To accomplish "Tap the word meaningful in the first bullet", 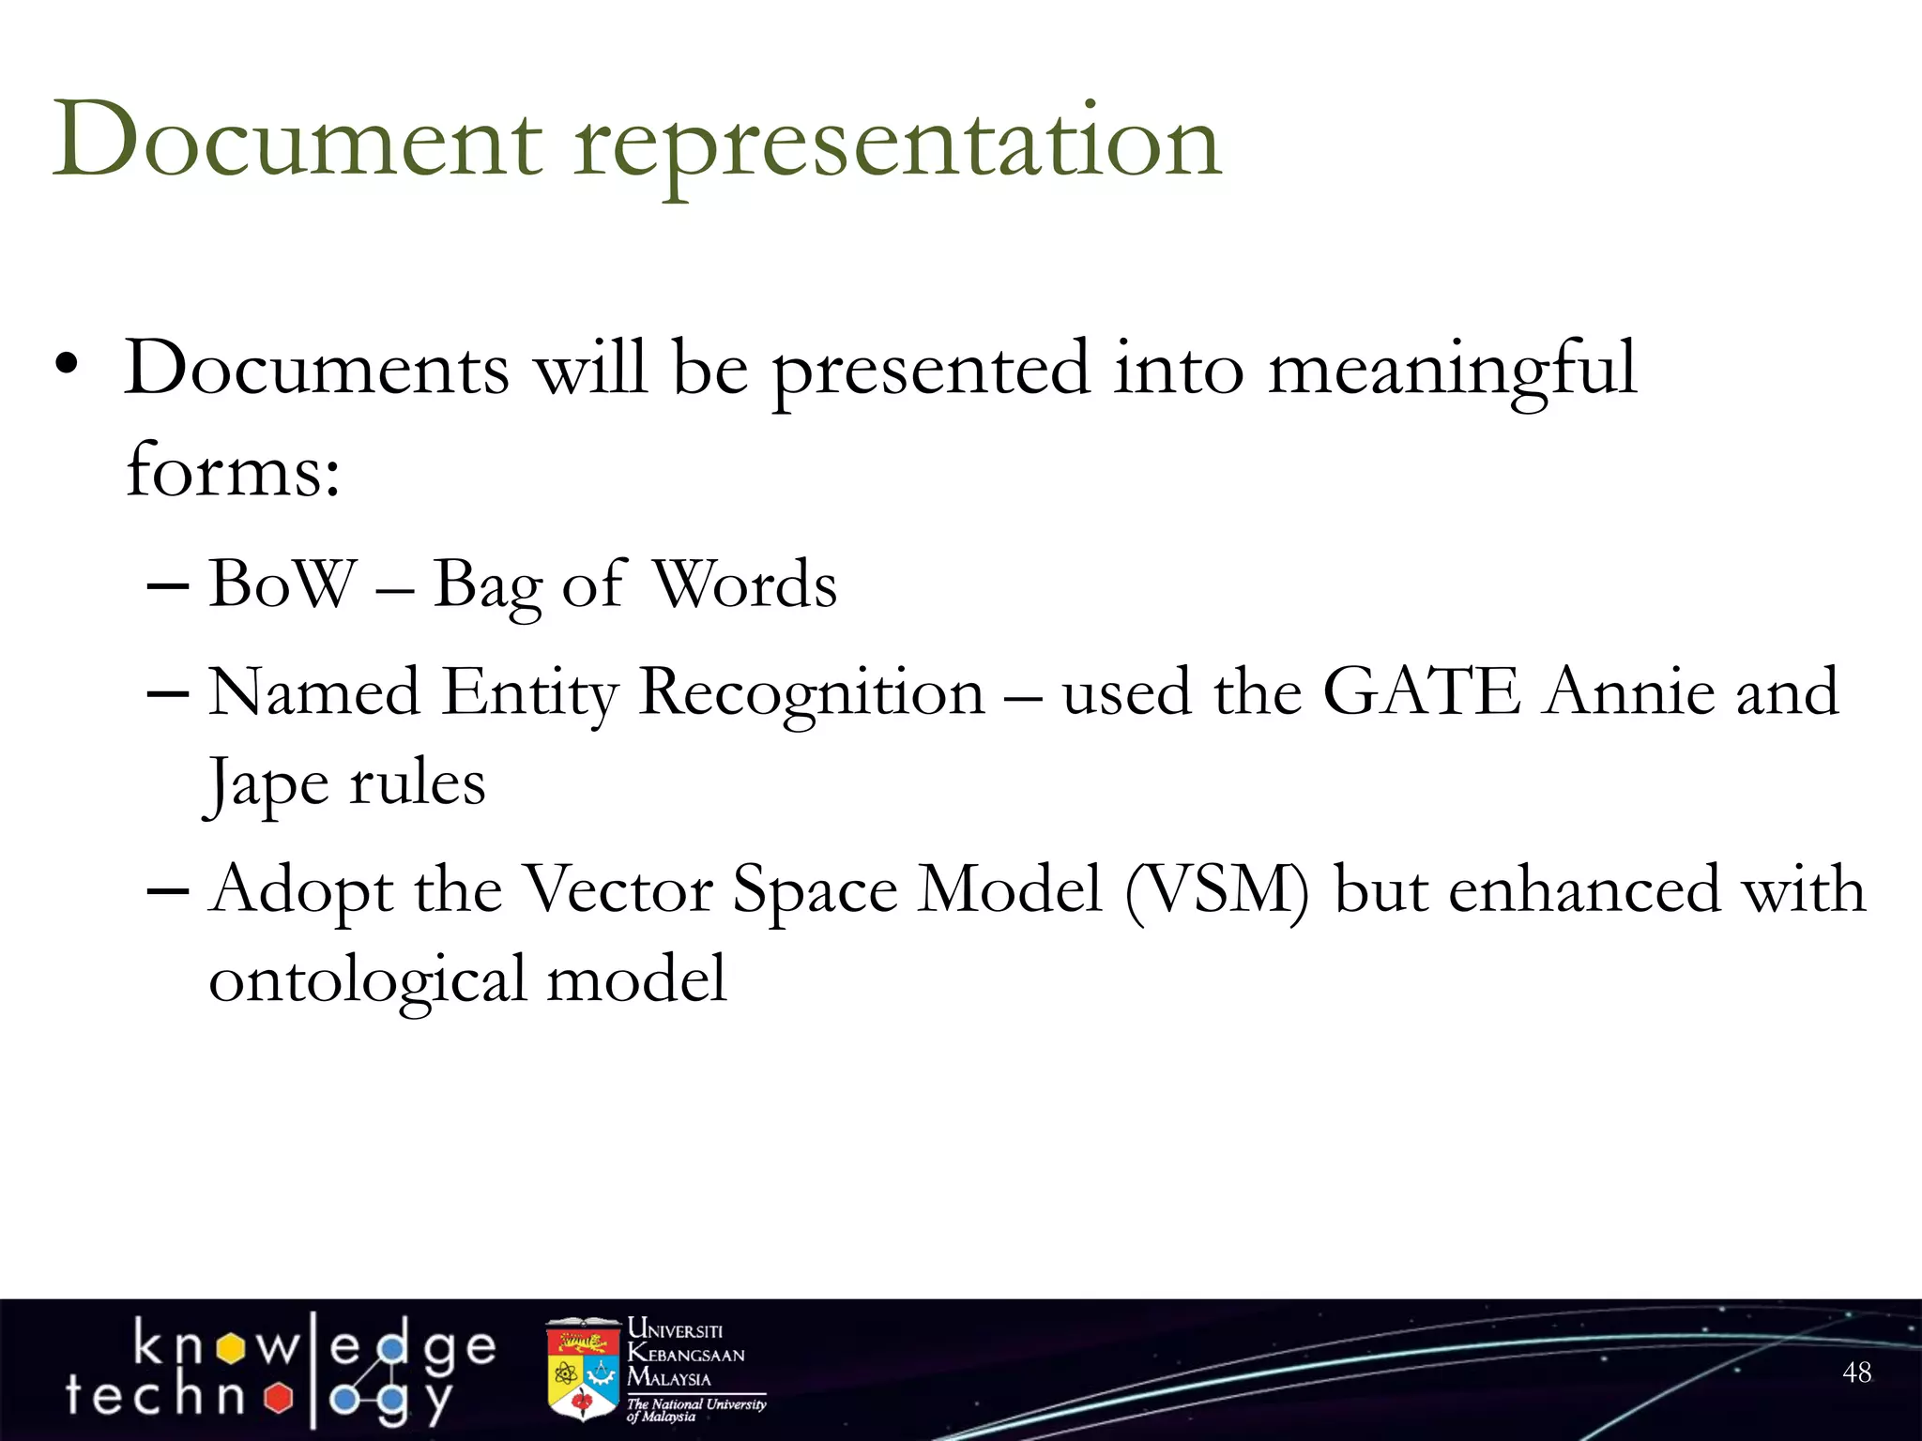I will (1452, 371).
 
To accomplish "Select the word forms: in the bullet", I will (233, 469).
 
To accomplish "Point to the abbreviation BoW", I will (282, 584).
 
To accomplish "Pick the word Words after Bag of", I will (743, 584).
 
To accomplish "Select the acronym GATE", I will (1421, 691).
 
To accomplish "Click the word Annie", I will (1629, 691).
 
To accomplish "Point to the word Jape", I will (267, 785).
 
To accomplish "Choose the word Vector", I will (616, 888).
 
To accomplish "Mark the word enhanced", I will (1584, 888).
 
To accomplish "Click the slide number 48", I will (1857, 1373).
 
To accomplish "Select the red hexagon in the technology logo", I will (279, 1397).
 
